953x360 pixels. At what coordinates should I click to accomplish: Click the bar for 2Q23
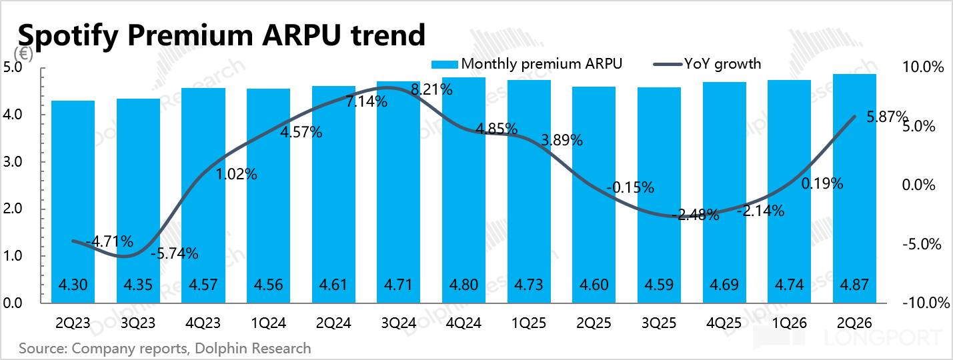coord(73,202)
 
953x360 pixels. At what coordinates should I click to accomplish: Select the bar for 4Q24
coord(463,190)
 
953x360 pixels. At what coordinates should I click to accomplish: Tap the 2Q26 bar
coord(854,189)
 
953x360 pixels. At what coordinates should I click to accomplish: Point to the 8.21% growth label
coord(431,90)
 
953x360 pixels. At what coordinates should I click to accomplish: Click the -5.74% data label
coord(175,253)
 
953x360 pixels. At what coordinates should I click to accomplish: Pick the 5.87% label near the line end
coord(887,117)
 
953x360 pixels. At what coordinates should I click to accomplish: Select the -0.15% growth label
coord(630,187)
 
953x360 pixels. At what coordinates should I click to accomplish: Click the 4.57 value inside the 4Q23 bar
coord(203,285)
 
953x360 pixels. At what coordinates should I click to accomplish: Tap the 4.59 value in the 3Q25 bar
coord(659,285)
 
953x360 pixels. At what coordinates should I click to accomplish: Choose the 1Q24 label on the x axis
coord(269,323)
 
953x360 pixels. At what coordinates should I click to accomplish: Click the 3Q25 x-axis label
coord(659,323)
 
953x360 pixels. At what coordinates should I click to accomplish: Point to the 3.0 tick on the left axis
coord(13,162)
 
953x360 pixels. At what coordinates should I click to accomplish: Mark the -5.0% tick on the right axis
coord(922,244)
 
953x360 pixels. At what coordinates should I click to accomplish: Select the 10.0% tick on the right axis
coord(923,67)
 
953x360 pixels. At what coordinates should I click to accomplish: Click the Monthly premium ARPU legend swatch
coord(445,65)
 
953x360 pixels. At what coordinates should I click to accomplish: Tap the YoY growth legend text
coord(722,64)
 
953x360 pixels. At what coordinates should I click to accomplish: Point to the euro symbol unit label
coord(23,54)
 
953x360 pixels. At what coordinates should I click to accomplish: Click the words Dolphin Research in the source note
coord(253,349)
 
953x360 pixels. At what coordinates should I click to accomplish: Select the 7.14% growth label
coord(366,102)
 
